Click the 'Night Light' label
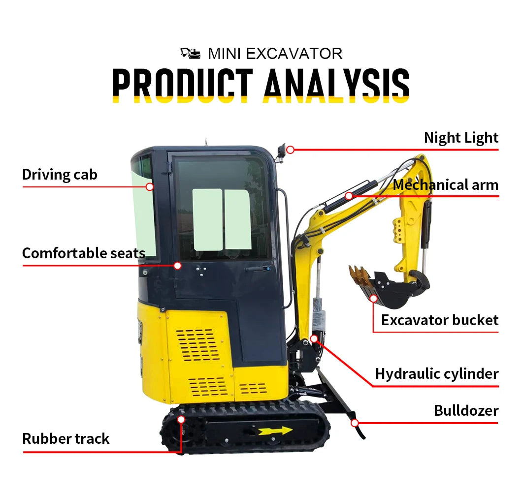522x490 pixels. click(461, 138)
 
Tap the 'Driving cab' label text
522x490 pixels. click(60, 175)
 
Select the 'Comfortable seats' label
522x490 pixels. click(84, 253)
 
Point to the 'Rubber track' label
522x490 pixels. click(66, 438)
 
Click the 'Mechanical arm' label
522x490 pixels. click(446, 185)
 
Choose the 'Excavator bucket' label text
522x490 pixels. click(440, 320)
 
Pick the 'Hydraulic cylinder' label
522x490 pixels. click(437, 374)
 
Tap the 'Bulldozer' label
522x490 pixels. click(466, 410)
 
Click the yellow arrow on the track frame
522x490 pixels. click(275, 431)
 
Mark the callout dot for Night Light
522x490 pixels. click(291, 149)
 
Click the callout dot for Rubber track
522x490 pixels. click(181, 420)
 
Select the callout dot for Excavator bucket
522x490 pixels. click(373, 298)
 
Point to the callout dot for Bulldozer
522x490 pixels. click(355, 422)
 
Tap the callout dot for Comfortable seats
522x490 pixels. click(178, 266)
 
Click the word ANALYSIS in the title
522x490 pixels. click(336, 85)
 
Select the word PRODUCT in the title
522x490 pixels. click(183, 85)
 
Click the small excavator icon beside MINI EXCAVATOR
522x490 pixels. click(191, 52)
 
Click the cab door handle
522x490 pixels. click(259, 269)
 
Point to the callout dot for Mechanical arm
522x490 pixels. click(349, 196)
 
